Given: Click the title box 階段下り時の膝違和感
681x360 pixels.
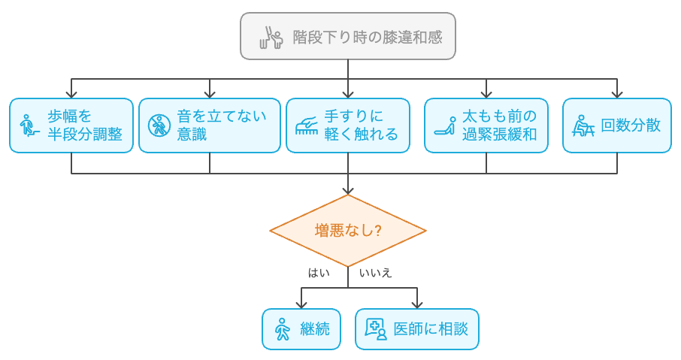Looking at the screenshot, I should (348, 36).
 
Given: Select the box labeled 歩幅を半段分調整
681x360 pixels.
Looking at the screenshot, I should (71, 126).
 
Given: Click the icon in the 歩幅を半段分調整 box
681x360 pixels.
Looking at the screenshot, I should (29, 126).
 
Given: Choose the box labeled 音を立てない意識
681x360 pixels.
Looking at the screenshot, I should (210, 126).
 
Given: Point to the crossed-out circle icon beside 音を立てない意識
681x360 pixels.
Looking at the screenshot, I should (159, 126).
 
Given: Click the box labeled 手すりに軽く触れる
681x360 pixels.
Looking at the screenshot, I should (348, 126).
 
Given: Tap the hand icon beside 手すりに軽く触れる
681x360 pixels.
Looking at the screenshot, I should (306, 126).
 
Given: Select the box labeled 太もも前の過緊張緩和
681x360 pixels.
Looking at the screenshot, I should (486, 126).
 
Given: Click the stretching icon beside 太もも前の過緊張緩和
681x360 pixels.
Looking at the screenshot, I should (444, 126).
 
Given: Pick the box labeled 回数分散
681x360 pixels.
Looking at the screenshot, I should (617, 126).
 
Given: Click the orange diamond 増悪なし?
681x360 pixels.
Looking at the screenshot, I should (348, 231).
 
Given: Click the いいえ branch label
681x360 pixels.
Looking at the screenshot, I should (375, 273).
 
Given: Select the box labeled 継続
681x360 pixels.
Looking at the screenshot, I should (301, 329).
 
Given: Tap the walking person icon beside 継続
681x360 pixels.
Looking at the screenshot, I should (283, 329).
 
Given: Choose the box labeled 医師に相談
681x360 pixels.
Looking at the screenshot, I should (417, 329).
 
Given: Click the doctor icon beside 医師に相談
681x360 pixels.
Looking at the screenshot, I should (375, 329).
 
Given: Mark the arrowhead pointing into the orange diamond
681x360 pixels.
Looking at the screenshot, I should (348, 190).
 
